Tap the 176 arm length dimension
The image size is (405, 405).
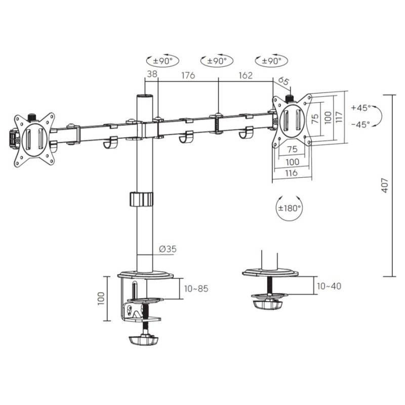coord(188,75)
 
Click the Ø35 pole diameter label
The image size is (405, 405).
coord(168,249)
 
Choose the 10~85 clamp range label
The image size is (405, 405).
coord(196,289)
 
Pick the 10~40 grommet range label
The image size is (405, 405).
coord(329,286)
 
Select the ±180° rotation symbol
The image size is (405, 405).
coord(289,207)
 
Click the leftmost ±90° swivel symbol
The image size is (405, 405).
coord(163,61)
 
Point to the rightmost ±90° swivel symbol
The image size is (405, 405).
coord(271,61)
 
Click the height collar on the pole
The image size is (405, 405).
coord(141,198)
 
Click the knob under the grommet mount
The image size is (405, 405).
coord(267,305)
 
